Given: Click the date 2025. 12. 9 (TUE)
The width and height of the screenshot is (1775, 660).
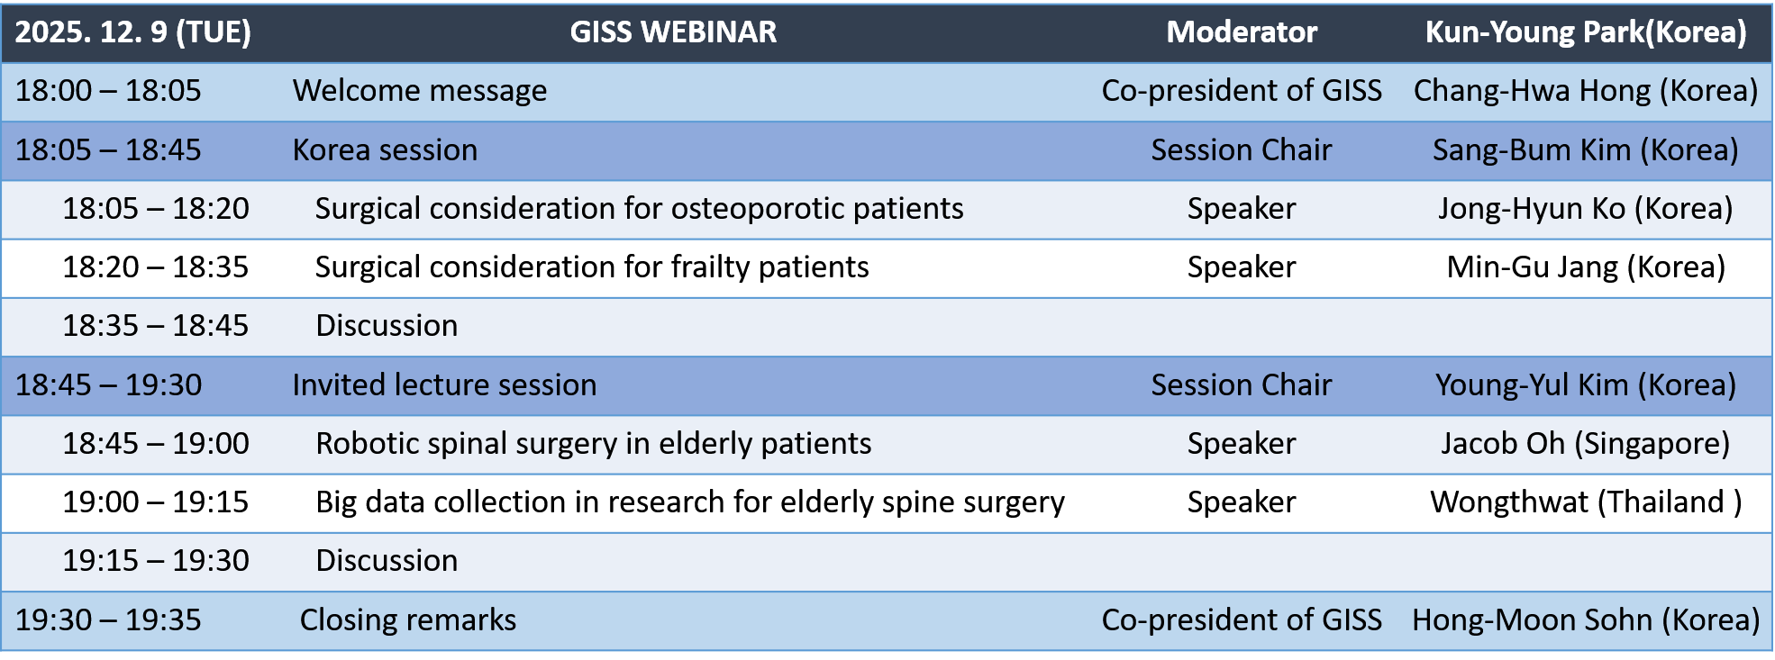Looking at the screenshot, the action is (x=133, y=32).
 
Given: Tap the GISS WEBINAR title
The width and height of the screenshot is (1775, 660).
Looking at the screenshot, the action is (x=673, y=32).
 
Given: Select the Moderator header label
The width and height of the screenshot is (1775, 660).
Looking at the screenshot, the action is (x=1242, y=32).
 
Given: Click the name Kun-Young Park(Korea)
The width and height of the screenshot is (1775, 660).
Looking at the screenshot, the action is (x=1586, y=32).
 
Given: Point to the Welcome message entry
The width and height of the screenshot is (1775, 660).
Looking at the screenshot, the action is (x=420, y=91).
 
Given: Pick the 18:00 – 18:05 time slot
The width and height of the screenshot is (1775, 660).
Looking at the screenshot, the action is (x=108, y=91).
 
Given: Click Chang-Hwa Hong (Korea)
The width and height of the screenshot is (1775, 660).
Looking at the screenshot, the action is (x=1586, y=91).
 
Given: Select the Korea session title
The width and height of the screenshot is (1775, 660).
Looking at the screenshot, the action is (x=385, y=149).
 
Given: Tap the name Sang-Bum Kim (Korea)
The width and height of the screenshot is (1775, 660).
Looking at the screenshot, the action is (x=1586, y=149).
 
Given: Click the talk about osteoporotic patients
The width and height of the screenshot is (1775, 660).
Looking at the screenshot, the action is (x=640, y=209).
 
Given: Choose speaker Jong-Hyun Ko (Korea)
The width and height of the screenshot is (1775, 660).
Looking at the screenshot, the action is (x=1586, y=209).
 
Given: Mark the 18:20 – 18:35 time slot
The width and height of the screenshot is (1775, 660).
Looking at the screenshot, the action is (x=156, y=267).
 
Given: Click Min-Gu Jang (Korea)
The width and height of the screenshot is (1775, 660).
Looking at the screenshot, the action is (x=1586, y=267).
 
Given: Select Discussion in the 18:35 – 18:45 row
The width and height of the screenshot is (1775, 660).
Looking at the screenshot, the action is (x=387, y=326).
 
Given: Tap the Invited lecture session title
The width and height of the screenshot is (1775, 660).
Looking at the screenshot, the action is (x=444, y=384).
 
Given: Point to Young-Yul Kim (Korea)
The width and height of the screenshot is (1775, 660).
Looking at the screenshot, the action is (x=1586, y=384).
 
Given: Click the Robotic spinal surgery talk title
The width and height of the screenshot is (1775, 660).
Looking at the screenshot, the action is (x=594, y=444).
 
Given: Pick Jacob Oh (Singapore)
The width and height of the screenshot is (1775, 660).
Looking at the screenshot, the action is (x=1586, y=444).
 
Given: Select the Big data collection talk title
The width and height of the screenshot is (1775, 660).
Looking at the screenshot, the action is (x=690, y=502).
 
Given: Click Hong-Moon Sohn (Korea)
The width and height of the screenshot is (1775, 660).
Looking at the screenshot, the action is (x=1586, y=619).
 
